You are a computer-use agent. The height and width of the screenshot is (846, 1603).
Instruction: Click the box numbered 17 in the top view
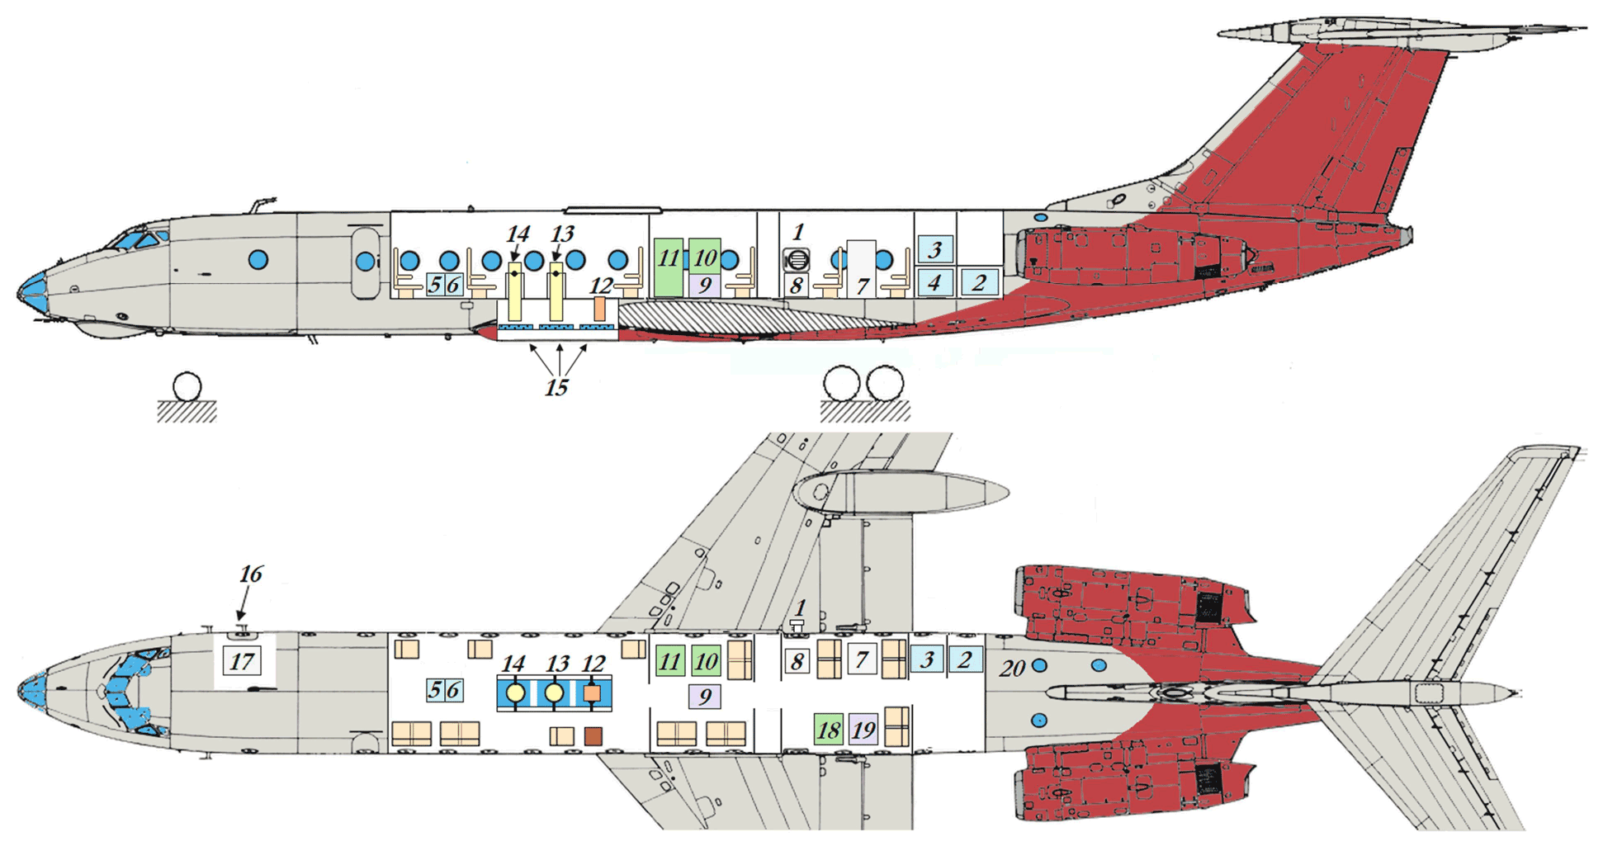tap(242, 661)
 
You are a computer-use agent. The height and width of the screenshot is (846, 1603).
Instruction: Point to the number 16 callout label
tap(250, 574)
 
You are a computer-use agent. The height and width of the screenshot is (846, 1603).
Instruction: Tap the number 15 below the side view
tap(556, 387)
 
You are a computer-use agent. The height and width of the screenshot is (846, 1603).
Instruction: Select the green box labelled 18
tap(828, 730)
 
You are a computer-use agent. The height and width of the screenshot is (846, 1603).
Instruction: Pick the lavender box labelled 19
tap(863, 730)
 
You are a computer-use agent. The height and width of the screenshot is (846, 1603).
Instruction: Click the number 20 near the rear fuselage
tap(1013, 669)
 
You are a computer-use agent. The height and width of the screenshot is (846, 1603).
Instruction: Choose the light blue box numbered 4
tap(934, 283)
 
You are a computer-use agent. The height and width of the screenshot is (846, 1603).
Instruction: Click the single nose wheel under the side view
tap(187, 386)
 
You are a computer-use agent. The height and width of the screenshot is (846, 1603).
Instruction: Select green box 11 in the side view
tap(668, 266)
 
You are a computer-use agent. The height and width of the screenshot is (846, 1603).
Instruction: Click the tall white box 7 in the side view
tap(861, 268)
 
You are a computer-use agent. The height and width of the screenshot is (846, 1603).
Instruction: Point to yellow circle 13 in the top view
tap(555, 693)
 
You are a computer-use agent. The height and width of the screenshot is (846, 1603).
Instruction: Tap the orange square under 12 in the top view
tap(592, 693)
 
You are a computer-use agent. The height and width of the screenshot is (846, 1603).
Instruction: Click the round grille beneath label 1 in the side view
tap(797, 261)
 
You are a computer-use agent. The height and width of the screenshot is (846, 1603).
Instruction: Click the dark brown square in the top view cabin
tap(593, 736)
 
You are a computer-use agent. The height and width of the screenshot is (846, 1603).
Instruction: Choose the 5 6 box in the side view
tap(444, 286)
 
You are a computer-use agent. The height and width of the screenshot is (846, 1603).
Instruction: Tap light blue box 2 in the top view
tap(964, 659)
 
